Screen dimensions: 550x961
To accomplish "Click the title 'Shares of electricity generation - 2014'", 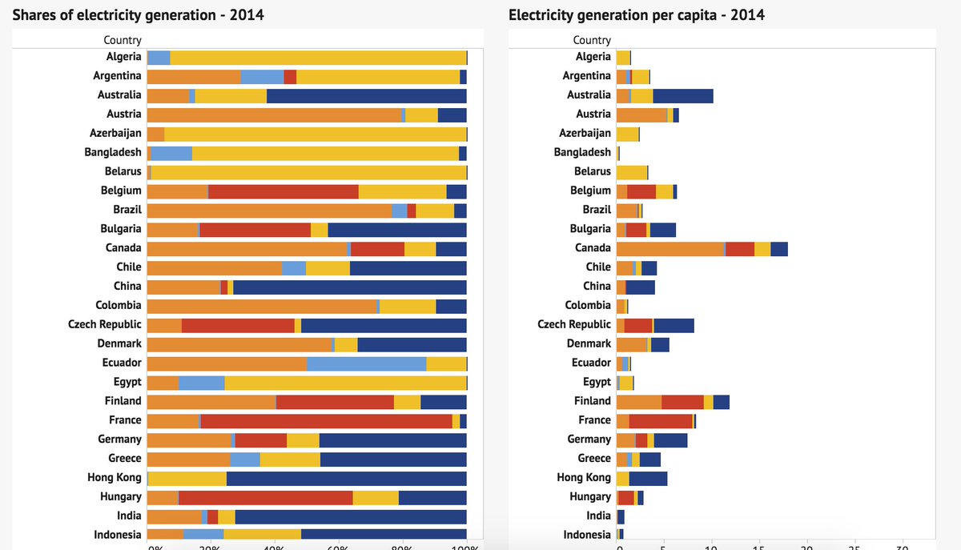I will pos(138,14).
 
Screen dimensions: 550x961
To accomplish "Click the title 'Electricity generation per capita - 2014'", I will pos(636,14).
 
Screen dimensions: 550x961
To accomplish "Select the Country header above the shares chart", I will pos(122,40).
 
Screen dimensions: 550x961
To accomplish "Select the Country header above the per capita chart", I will pos(592,40).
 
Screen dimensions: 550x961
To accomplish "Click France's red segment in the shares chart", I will pos(326,420).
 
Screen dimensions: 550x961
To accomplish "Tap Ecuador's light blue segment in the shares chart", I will pos(366,363).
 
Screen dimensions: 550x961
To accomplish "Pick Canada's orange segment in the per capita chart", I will pos(669,248).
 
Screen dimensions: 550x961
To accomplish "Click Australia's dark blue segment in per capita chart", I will pos(682,95).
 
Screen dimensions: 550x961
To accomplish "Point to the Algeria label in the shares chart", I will pos(123,57).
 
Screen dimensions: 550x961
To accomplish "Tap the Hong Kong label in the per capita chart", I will pos(584,477).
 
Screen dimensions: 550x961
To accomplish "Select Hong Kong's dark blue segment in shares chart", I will pos(346,478).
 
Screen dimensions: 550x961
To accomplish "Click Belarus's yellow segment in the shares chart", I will pos(308,171).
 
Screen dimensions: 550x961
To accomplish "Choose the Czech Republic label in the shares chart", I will pos(105,324).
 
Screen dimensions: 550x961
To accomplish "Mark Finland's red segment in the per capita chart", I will pos(682,401).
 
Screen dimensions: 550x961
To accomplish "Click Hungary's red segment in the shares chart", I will pos(265,497).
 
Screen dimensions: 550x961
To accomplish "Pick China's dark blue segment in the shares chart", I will pos(349,287).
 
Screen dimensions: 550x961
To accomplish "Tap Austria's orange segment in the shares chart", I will pos(274,114).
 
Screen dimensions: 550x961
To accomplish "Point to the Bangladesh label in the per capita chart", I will pos(582,152).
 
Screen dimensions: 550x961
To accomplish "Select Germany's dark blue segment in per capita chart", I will pos(670,440).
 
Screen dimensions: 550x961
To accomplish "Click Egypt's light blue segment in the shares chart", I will pos(201,382).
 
